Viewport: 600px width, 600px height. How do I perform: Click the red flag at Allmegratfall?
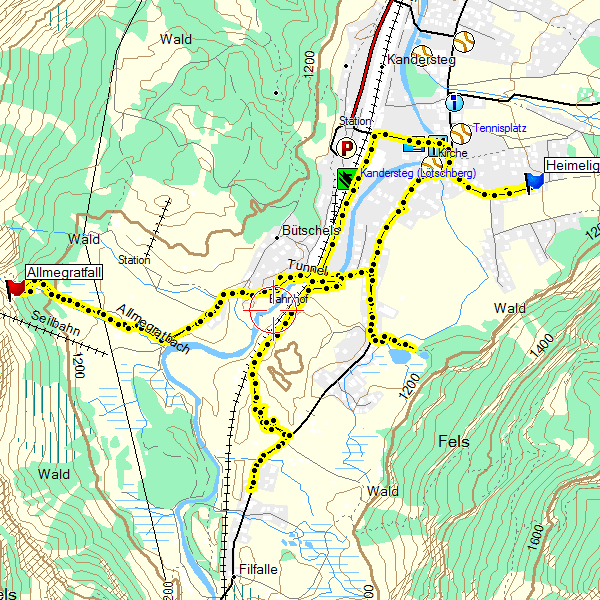point(15,288)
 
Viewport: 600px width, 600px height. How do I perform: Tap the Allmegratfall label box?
point(65,273)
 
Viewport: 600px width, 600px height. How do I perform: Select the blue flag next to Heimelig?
point(534,181)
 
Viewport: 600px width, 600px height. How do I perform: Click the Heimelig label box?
point(572,165)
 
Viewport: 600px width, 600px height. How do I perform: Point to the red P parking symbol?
point(347,149)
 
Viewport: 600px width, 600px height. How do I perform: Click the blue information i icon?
point(455,102)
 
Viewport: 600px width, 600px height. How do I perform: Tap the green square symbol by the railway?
point(346,179)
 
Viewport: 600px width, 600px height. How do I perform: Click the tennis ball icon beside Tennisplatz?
point(460,132)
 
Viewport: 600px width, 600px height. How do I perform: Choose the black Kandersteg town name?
point(420,60)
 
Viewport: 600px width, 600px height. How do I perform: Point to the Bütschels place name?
point(311,230)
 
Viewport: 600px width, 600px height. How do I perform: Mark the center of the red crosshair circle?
point(271,308)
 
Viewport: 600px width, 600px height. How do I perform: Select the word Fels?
point(453,441)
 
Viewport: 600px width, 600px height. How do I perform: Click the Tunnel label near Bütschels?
point(307,265)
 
